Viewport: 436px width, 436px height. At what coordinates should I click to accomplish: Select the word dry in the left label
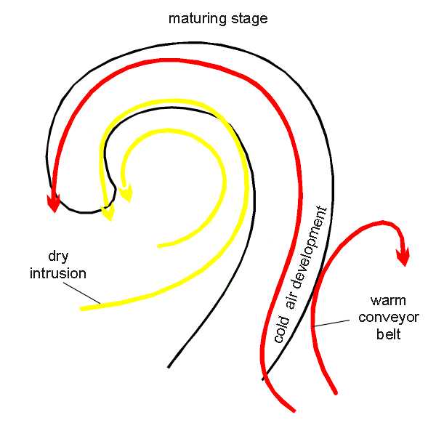tap(58, 257)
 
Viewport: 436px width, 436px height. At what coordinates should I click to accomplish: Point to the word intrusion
tap(64, 273)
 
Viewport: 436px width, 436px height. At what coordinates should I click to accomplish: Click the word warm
tap(385, 300)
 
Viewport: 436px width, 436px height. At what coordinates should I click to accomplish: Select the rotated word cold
tap(281, 331)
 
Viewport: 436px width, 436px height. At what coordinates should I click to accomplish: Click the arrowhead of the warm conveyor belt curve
tap(402, 257)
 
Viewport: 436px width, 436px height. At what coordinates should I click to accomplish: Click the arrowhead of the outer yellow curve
tap(109, 212)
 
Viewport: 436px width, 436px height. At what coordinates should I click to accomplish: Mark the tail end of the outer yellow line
tap(82, 309)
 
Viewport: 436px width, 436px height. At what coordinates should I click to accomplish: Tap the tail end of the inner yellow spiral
tap(159, 246)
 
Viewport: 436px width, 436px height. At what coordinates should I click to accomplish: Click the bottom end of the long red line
tap(293, 409)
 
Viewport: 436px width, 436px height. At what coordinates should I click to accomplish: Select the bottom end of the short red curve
tap(336, 392)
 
